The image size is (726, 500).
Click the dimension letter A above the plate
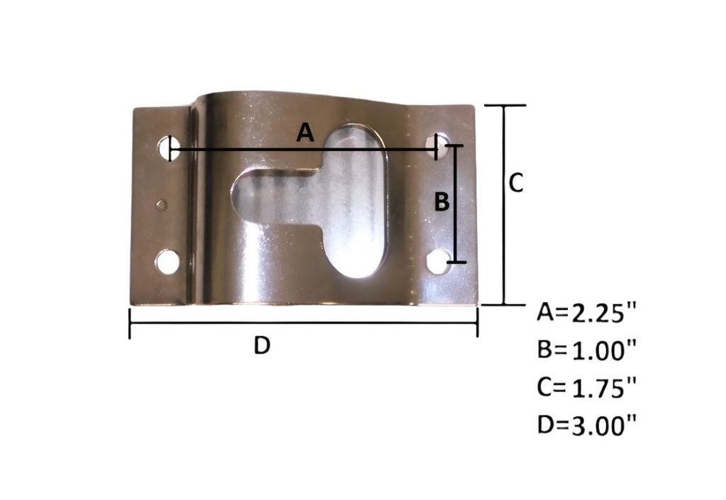click(x=304, y=132)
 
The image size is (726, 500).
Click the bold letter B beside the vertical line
click(x=441, y=203)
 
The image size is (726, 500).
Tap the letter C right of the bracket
click(x=516, y=183)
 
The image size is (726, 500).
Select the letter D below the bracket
click(x=262, y=346)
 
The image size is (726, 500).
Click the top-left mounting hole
click(x=166, y=148)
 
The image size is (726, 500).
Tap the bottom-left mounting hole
click(x=168, y=262)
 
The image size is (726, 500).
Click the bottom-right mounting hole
click(x=439, y=260)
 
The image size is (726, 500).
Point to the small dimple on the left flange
click(x=162, y=205)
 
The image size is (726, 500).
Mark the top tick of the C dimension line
click(x=504, y=106)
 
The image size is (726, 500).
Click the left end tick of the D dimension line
click(x=130, y=323)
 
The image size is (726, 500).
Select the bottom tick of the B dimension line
click(x=456, y=262)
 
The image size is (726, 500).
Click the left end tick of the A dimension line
click(x=172, y=149)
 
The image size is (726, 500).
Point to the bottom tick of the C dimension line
click(x=504, y=304)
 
